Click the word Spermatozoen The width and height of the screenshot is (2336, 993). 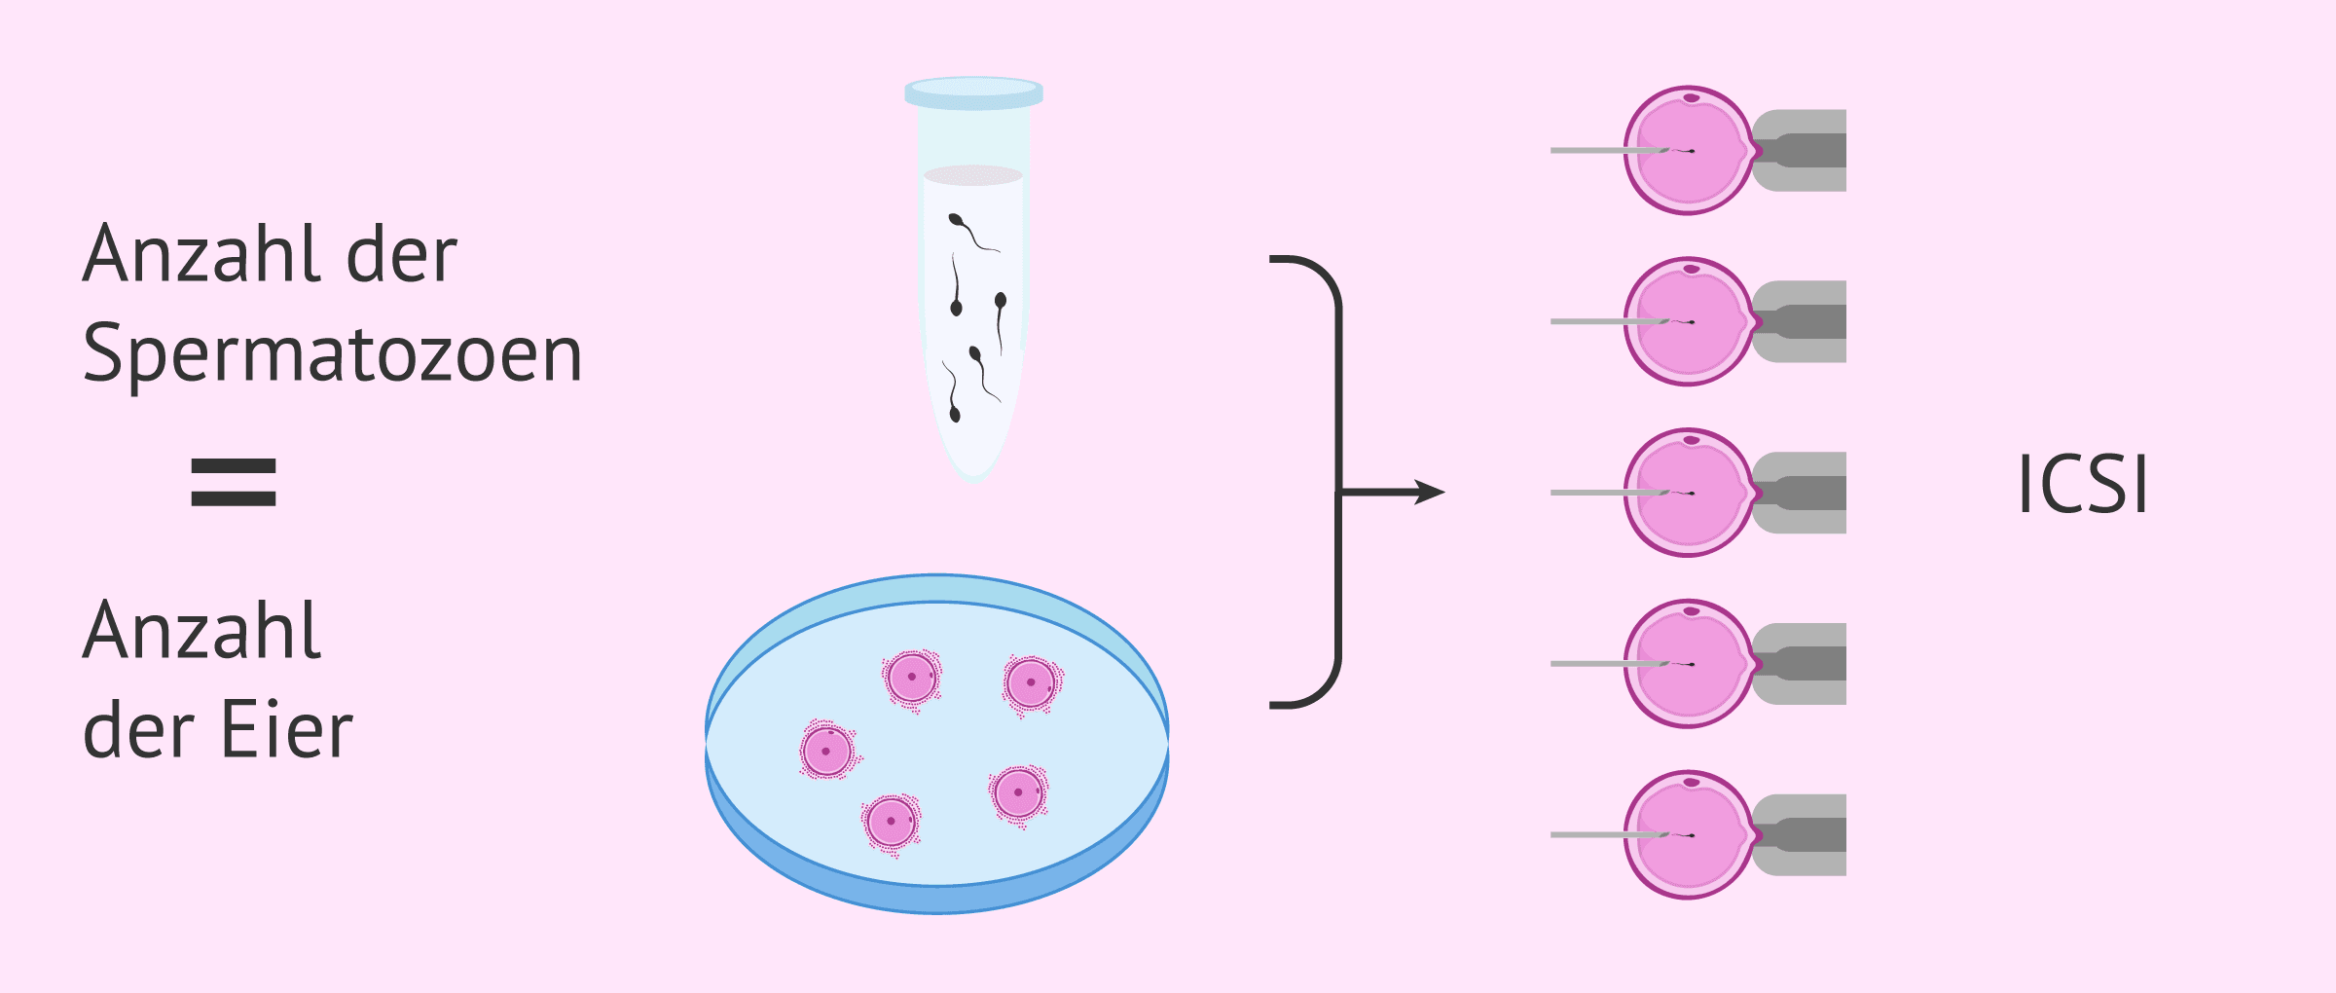tap(332, 354)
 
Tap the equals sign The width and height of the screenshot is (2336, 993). tap(234, 483)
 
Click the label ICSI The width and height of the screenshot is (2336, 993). tap(2082, 484)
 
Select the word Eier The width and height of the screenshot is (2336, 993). tap(286, 730)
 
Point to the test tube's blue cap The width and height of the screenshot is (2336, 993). tap(973, 92)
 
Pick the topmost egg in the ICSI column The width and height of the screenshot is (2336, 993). tap(1689, 151)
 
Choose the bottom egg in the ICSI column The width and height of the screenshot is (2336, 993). tap(1689, 835)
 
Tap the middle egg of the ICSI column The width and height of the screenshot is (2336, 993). tap(1689, 493)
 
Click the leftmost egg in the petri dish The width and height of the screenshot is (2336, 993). tap(827, 751)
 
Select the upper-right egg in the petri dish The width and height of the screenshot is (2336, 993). tap(1031, 682)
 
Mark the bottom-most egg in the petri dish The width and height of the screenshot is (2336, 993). tap(891, 823)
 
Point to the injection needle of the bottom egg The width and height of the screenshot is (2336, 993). tap(1596, 835)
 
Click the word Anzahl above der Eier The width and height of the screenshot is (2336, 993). tap(201, 631)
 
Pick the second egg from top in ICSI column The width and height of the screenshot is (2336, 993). tap(1689, 321)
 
